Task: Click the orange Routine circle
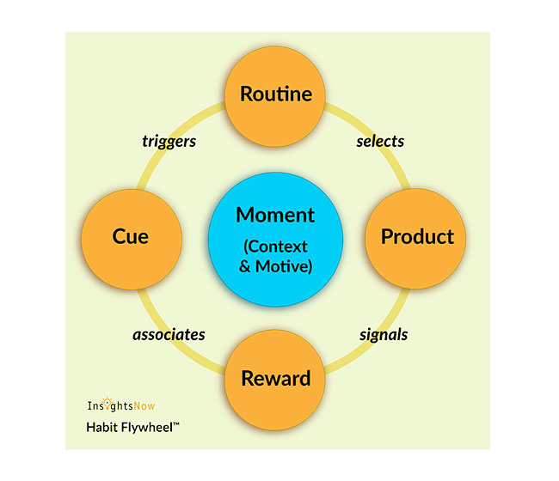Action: click(x=275, y=94)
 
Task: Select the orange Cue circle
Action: click(x=131, y=236)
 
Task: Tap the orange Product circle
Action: click(x=416, y=236)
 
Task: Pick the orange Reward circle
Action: click(x=275, y=378)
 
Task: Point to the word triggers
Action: click(x=169, y=141)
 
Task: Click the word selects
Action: click(x=380, y=141)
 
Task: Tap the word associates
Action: click(x=169, y=334)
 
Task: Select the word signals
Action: click(x=383, y=334)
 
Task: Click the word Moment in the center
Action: click(x=275, y=215)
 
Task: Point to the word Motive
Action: click(x=284, y=265)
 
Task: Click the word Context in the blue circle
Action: click(x=282, y=247)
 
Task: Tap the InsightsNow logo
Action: click(x=121, y=405)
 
